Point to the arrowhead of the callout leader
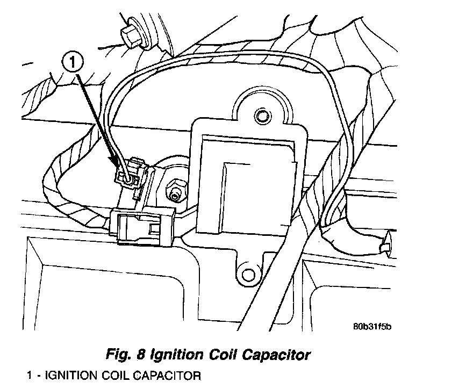tap(114, 160)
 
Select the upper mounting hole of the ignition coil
tap(262, 115)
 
